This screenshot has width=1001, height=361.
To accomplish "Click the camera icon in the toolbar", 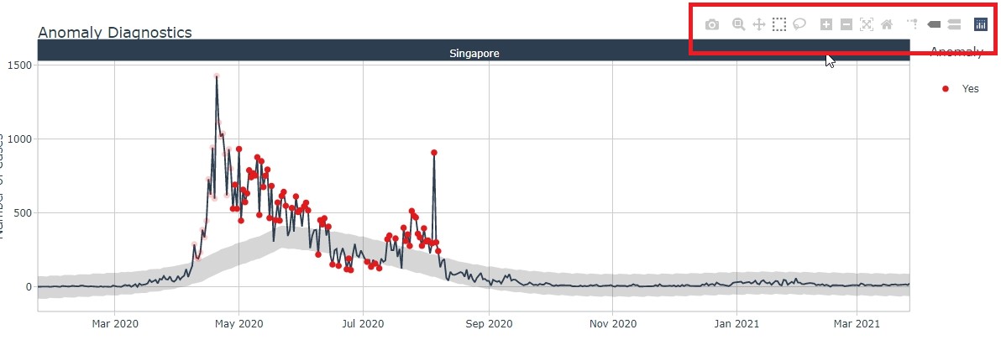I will coord(712,25).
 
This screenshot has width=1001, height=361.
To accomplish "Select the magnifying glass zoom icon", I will coord(738,25).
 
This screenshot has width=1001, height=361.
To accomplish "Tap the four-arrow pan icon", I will coord(758,25).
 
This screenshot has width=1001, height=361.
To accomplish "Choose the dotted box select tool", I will coord(779,25).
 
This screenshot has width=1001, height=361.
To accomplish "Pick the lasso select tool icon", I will coord(799,25).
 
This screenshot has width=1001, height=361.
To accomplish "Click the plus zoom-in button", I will coord(826,25).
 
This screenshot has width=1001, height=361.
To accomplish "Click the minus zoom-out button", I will coord(846,25).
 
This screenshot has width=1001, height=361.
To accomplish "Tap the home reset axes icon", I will coord(887,25).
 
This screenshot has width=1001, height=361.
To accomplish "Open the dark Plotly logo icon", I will coord(980,25).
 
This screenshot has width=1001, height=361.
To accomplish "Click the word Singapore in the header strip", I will coord(474,54).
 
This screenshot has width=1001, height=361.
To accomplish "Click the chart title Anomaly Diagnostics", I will coord(115,33).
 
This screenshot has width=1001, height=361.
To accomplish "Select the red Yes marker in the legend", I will coord(946,88).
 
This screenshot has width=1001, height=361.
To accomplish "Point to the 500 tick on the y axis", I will coord(22,213).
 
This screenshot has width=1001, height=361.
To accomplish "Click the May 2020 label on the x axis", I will coord(239,323).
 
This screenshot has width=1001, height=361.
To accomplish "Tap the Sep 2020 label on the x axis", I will coord(488,323).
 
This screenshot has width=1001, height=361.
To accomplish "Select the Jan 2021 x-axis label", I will coord(736,323).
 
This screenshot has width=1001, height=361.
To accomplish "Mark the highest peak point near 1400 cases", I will coord(217,76).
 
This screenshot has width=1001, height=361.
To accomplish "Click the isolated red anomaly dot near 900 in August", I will coord(434,153).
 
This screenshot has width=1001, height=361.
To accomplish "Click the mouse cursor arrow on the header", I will coord(830,60).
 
